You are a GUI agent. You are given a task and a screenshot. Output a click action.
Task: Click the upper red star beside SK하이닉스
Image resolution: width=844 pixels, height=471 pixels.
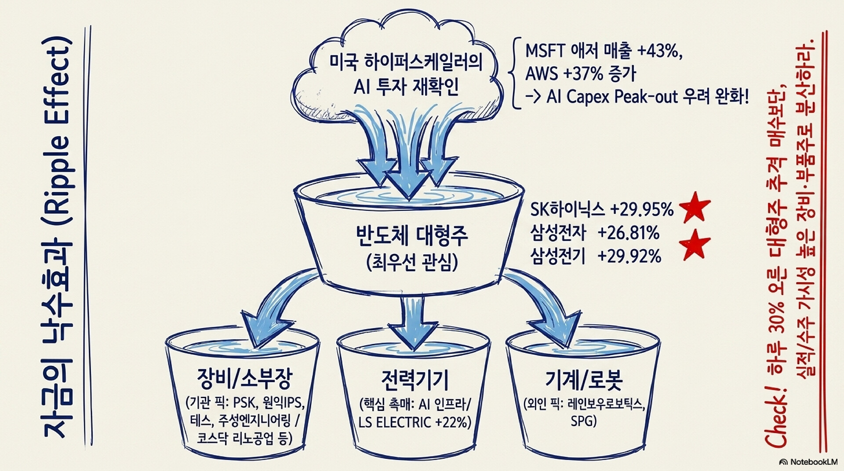tap(695, 206)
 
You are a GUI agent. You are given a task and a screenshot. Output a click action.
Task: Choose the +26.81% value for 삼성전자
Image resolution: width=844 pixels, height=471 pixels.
tap(628, 233)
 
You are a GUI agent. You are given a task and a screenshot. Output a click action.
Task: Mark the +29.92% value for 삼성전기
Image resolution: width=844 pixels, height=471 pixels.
tap(629, 256)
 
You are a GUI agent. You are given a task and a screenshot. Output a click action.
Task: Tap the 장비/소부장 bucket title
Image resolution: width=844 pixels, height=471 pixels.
tap(244, 379)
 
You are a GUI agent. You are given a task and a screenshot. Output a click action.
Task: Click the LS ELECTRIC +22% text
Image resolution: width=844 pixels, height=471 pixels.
tap(415, 422)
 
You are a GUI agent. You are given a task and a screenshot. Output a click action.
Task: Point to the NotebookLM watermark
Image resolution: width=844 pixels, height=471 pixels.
tap(808, 462)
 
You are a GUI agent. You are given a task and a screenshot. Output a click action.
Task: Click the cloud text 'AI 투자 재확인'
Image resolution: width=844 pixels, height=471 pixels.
tap(406, 87)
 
